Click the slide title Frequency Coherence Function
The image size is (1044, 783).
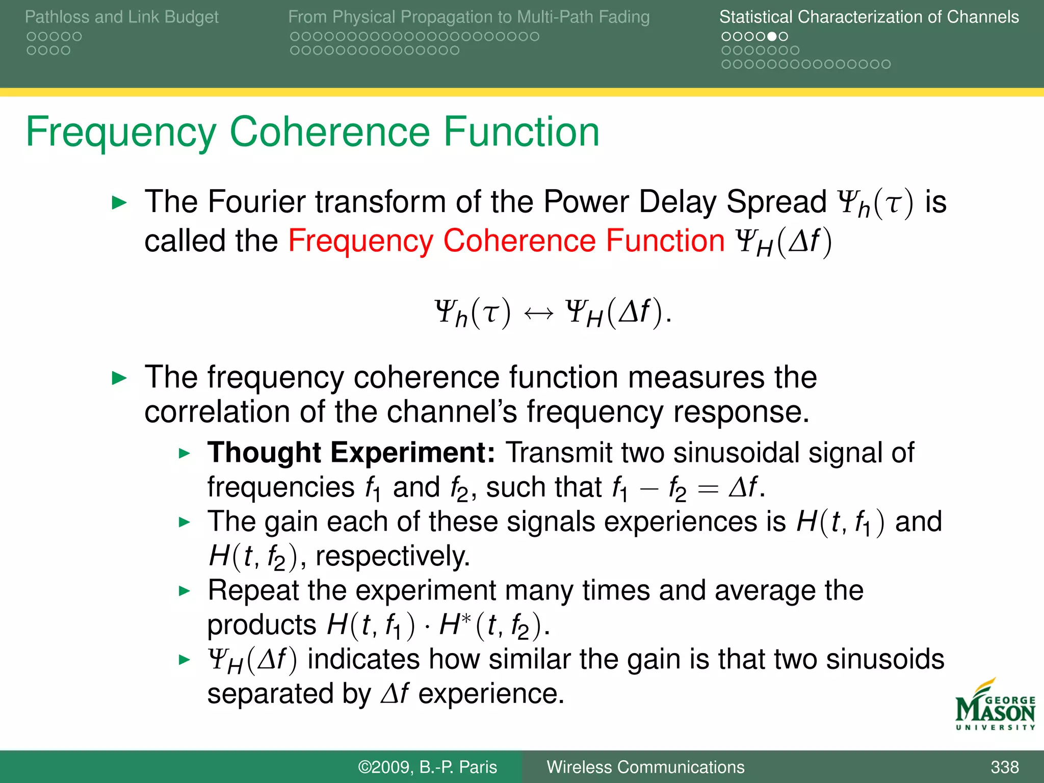pyautogui.click(x=312, y=132)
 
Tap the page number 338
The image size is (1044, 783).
pyautogui.click(x=1004, y=767)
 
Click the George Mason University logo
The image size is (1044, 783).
pyautogui.click(x=995, y=706)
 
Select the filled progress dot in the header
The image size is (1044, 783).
pyautogui.click(x=772, y=37)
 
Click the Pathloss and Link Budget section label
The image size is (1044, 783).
pyautogui.click(x=121, y=17)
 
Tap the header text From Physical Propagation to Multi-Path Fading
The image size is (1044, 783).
pyautogui.click(x=468, y=17)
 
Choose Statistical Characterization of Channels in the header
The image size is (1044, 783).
pyautogui.click(x=869, y=17)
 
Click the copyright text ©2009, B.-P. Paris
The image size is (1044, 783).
pyautogui.click(x=427, y=767)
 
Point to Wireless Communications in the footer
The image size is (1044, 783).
pyautogui.click(x=645, y=767)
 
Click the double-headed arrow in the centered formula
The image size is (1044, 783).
pyautogui.click(x=538, y=312)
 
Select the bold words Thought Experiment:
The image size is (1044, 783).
pyautogui.click(x=351, y=453)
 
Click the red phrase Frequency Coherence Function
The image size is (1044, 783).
pyautogui.click(x=506, y=241)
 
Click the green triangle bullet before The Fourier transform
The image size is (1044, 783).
pyautogui.click(x=119, y=203)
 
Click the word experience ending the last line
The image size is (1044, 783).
pyautogui.click(x=490, y=694)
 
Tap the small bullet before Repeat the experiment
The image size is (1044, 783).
pyautogui.click(x=185, y=591)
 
